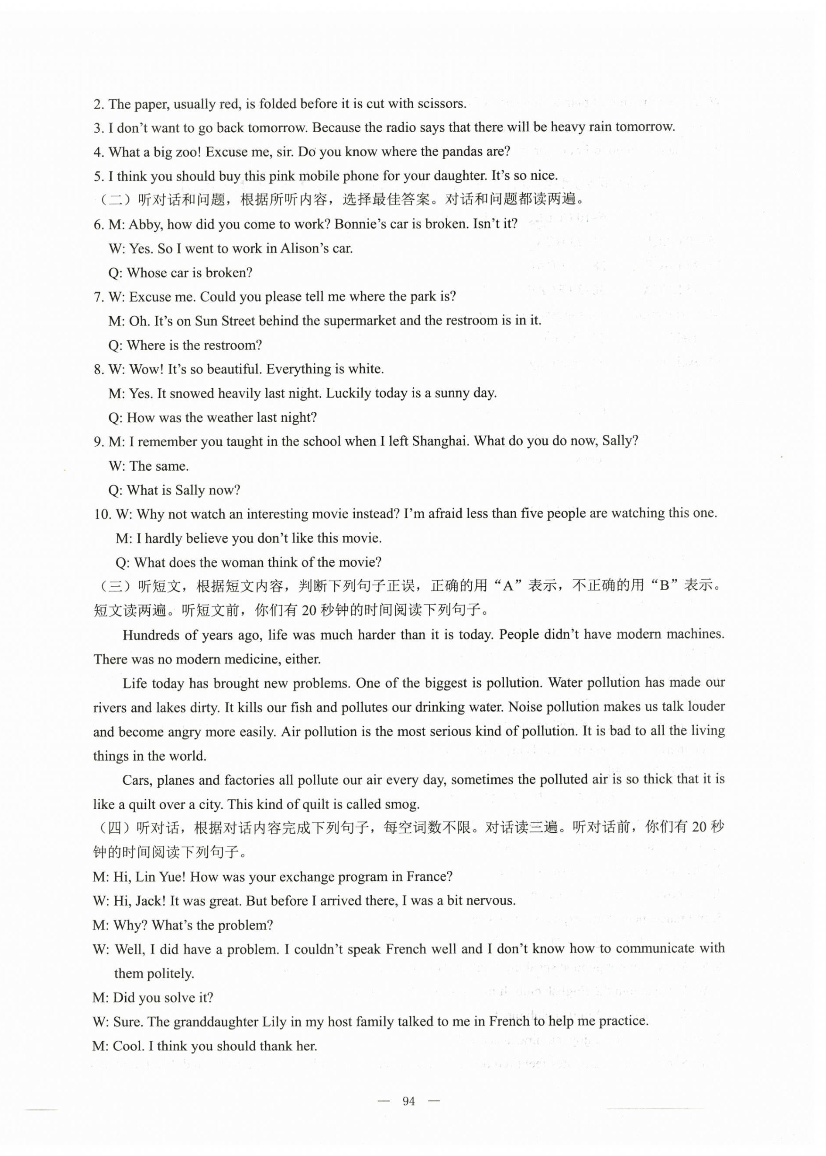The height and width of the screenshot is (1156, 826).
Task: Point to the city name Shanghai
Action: click(x=439, y=441)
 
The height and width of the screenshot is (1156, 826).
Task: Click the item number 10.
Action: click(x=102, y=514)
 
